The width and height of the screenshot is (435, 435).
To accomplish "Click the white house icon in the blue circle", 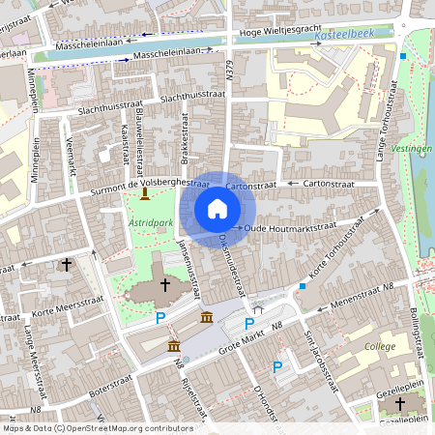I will (x=217, y=209).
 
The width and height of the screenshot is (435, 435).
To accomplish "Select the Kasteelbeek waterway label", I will (x=345, y=32).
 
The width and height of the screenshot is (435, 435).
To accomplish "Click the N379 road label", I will (x=230, y=68).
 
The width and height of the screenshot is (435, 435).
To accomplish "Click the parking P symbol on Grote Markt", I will (x=248, y=324).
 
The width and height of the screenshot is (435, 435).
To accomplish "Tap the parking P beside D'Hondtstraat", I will (x=277, y=366).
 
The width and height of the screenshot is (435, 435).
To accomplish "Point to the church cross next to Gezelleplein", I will (x=399, y=402).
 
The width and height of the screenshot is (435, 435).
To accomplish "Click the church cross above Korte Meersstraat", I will (x=67, y=263).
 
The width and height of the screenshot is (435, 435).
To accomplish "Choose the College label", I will (x=380, y=345).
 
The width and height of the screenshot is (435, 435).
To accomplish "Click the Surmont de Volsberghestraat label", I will (x=149, y=183).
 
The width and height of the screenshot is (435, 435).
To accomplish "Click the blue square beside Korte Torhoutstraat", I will (x=303, y=286).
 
